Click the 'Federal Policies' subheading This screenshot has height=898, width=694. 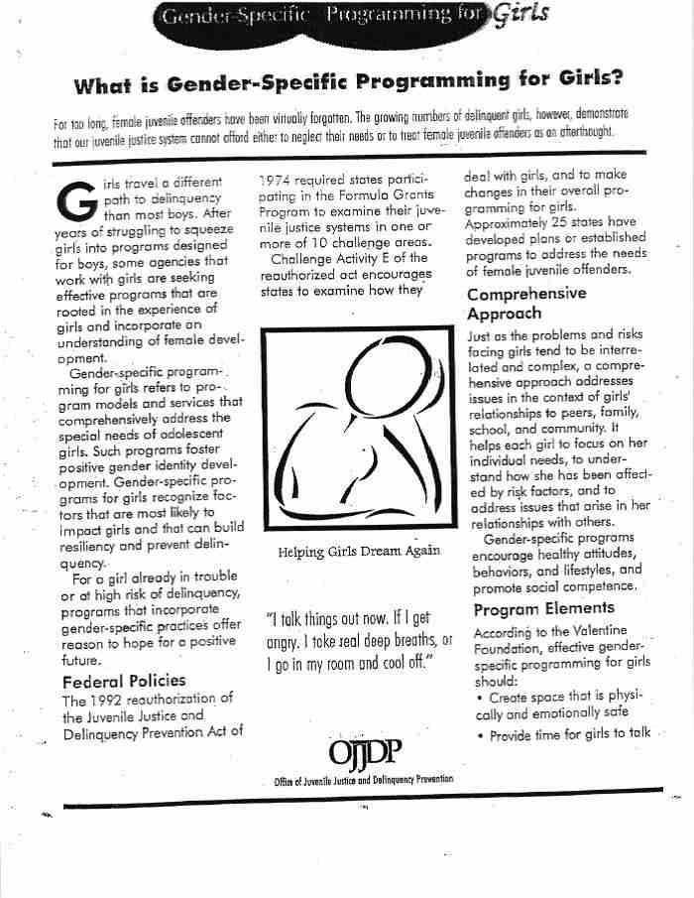pyautogui.click(x=123, y=682)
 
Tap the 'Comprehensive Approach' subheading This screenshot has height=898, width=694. pyautogui.click(x=525, y=304)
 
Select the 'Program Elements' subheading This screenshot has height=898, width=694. pyautogui.click(x=543, y=608)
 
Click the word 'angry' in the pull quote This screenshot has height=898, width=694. pyautogui.click(x=286, y=641)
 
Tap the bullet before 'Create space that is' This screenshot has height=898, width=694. pyautogui.click(x=480, y=699)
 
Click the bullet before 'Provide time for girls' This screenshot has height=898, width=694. pyautogui.click(x=480, y=735)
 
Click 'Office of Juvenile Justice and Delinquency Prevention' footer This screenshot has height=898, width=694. pyautogui.click(x=364, y=780)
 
